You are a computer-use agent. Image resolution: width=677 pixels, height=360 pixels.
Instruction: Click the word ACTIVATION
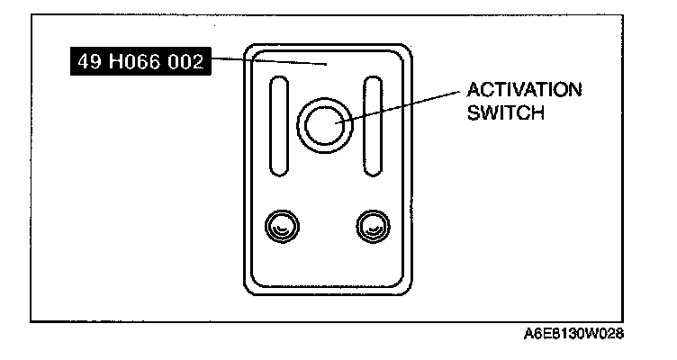523,91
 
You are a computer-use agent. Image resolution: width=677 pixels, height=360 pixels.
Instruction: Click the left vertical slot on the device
279,126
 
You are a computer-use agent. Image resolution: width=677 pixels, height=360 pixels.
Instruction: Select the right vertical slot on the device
372,126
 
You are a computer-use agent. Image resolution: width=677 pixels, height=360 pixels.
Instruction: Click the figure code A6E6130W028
573,333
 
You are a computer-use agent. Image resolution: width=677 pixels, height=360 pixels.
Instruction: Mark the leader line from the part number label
270,62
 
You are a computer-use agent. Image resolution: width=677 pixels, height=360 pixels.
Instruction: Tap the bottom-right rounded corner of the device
408,289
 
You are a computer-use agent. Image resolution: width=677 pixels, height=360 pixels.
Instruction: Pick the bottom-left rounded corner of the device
253,289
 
